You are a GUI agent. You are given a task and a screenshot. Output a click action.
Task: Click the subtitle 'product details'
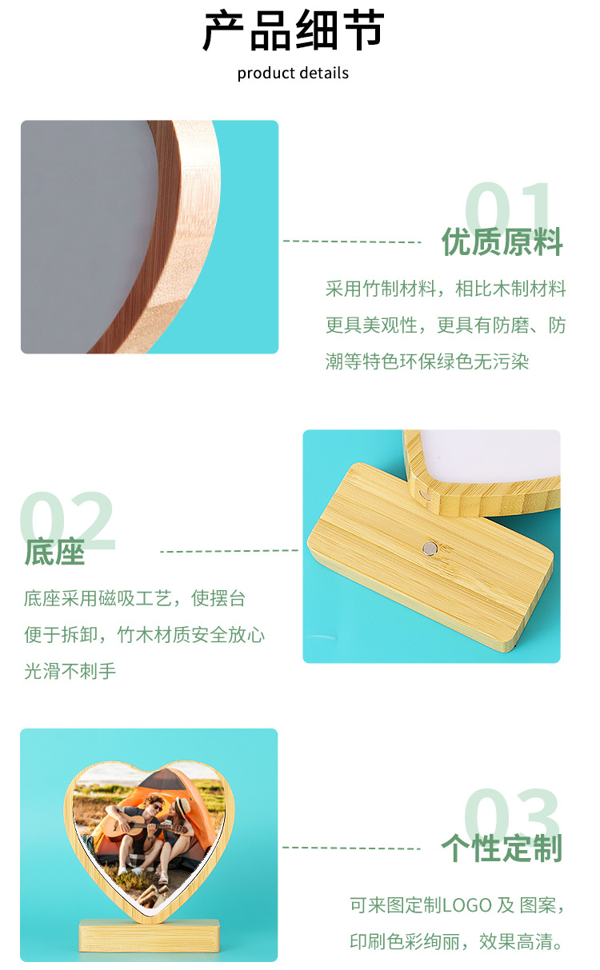coord(293,74)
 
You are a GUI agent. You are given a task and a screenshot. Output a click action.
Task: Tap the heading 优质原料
coord(502,242)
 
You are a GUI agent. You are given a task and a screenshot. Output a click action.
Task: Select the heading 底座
coord(54,552)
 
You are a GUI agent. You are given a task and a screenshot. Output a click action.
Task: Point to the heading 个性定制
coord(502,848)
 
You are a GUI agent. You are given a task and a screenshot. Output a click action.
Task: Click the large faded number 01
coord(510,210)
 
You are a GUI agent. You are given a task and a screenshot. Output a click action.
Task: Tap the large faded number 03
coord(512,816)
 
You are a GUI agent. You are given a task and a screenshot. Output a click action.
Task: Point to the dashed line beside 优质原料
coord(352,241)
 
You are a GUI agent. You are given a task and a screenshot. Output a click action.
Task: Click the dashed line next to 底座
coord(229,551)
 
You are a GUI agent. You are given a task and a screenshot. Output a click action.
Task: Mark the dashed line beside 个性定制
coord(352,848)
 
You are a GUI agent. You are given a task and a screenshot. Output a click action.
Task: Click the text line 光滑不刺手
coord(70,671)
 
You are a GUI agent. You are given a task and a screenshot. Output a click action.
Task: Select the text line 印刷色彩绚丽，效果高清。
coord(457,942)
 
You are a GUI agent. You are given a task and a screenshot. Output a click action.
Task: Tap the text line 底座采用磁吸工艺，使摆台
coord(134,598)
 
